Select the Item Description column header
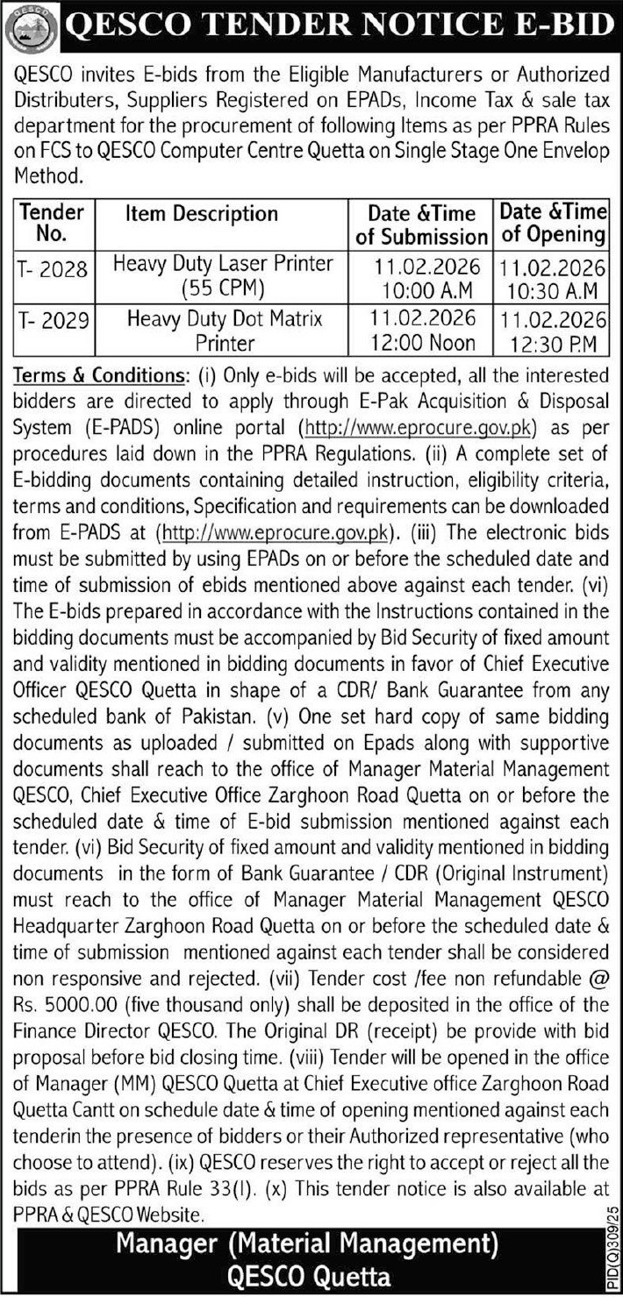[201, 213]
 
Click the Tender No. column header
[52, 224]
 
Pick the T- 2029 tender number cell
[52, 322]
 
